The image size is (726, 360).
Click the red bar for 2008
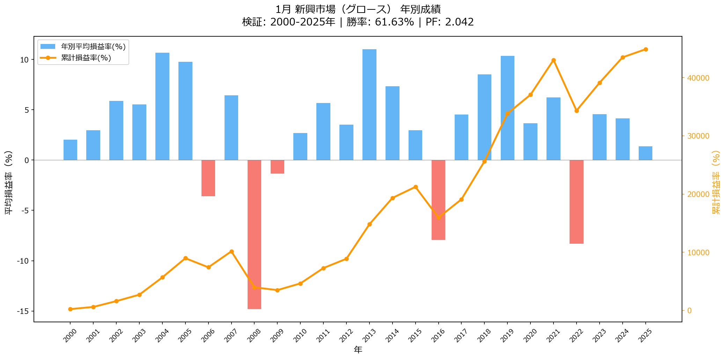click(x=254, y=234)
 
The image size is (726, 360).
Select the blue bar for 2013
click(x=369, y=105)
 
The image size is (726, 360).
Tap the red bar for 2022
click(x=576, y=202)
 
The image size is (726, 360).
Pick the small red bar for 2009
click(x=277, y=167)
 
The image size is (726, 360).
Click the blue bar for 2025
click(x=645, y=153)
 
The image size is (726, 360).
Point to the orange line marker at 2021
click(x=553, y=60)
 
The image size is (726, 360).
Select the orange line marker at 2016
click(x=439, y=218)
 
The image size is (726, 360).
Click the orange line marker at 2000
click(x=70, y=309)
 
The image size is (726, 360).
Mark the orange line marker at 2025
click(x=646, y=50)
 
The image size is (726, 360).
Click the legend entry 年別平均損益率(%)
click(x=93, y=46)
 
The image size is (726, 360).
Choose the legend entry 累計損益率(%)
click(x=86, y=58)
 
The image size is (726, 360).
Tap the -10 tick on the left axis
click(x=23, y=261)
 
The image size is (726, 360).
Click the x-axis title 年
click(x=358, y=350)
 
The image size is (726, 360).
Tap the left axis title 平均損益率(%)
click(x=8, y=183)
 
